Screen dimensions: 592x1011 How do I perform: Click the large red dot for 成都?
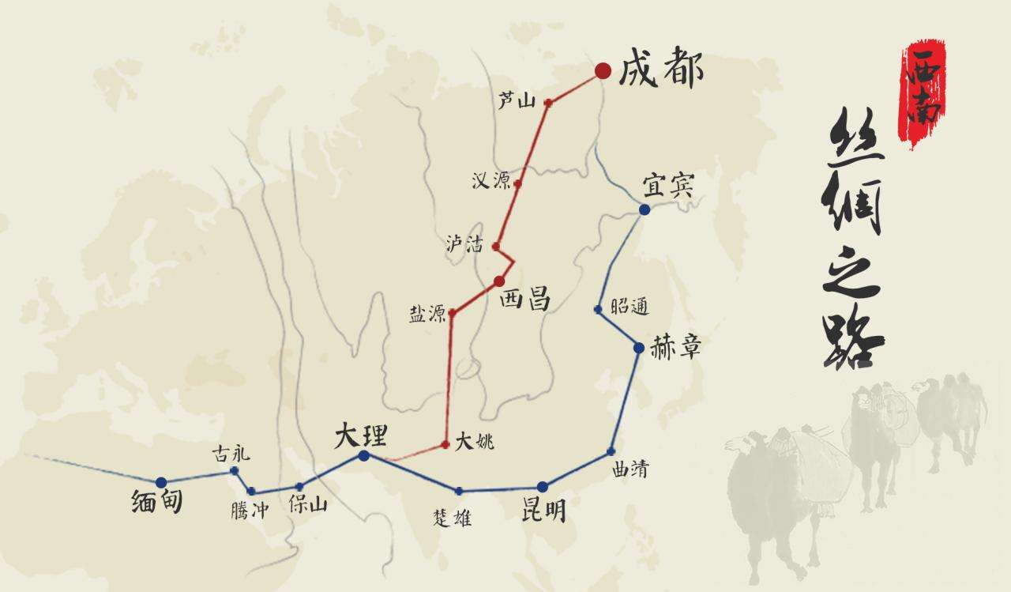point(603,71)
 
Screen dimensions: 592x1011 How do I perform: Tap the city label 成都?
point(661,70)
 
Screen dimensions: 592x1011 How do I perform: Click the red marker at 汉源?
point(517,183)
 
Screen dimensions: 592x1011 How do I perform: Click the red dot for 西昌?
point(499,281)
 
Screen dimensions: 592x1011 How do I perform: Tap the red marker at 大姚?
point(445,444)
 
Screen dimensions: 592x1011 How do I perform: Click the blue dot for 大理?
point(364,456)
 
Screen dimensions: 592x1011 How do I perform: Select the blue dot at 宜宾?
point(645,209)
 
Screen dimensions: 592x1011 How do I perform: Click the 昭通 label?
point(631,308)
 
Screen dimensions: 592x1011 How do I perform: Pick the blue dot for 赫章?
point(639,347)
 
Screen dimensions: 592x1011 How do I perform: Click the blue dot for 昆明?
point(542,487)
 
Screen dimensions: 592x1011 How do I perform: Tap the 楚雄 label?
point(453,518)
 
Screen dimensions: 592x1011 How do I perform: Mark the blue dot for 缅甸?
point(161,482)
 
